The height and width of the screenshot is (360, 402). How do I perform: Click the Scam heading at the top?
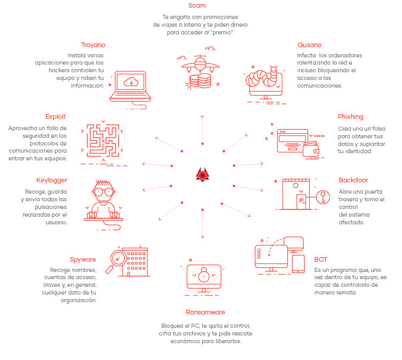[197, 6]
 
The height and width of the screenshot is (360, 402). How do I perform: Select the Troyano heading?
[93, 45]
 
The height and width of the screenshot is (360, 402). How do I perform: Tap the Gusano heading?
[309, 45]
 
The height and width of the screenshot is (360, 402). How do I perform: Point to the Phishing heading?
[351, 117]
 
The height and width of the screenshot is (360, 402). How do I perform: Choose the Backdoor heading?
[353, 180]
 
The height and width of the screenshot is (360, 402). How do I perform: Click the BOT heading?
[321, 260]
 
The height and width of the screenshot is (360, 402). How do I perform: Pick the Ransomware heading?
[205, 312]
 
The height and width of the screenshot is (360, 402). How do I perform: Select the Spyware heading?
[83, 260]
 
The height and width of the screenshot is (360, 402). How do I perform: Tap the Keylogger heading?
[52, 180]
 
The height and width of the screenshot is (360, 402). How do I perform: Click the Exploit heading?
[56, 117]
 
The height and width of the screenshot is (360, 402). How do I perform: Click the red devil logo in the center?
[203, 175]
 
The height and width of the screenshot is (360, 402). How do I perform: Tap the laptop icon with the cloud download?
[130, 85]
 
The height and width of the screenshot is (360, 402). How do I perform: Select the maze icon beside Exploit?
[103, 140]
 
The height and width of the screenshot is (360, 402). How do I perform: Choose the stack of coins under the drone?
[200, 80]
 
